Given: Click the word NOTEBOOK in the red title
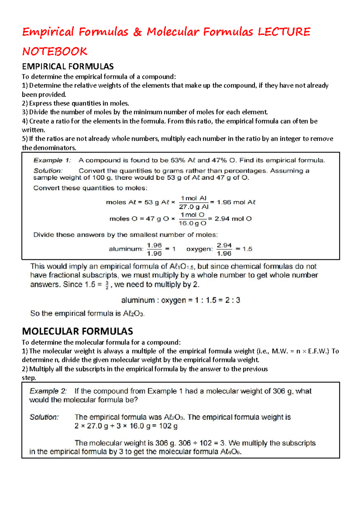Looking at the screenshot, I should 55,51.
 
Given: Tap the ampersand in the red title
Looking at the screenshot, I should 137,32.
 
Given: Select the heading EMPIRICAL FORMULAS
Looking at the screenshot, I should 68,66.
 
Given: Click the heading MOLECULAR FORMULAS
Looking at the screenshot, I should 77,331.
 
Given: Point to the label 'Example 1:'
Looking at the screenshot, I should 52,160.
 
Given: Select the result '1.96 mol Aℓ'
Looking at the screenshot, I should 236,202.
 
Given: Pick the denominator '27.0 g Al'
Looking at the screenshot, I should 194,207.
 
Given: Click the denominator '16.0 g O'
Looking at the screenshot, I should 193,223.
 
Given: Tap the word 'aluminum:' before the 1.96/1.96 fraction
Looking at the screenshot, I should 126,249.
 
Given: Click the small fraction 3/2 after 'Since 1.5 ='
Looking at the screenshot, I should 107,285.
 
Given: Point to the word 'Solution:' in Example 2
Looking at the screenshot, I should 44,417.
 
